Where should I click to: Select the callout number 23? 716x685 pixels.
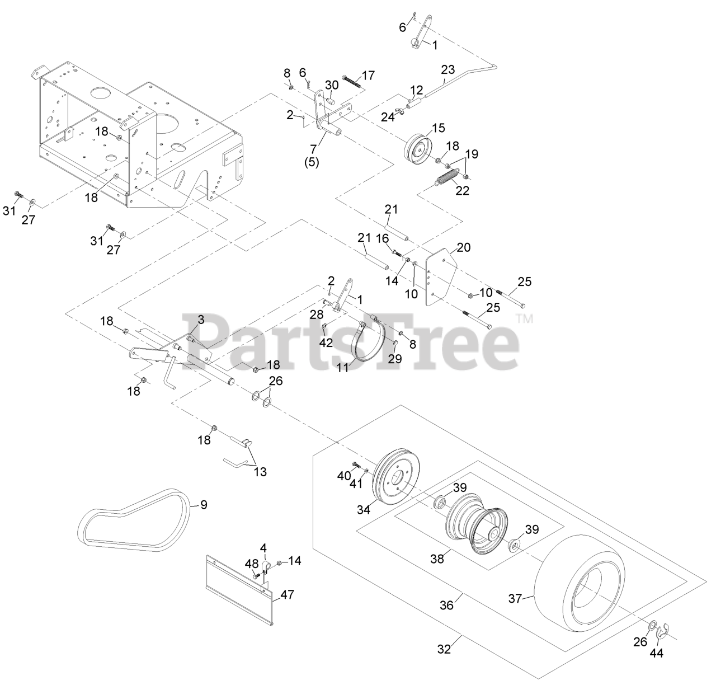pos(448,70)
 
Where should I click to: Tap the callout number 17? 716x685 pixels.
pos(368,75)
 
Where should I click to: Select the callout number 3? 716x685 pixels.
pos(200,320)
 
